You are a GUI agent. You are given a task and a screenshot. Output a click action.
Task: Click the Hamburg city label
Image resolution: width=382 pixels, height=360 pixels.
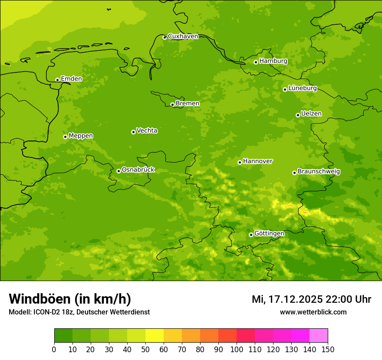point(273,61)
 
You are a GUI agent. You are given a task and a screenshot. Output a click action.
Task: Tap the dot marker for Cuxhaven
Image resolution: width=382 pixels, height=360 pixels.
point(165,37)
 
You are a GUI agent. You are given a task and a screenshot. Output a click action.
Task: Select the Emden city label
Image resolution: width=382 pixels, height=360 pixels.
point(71,79)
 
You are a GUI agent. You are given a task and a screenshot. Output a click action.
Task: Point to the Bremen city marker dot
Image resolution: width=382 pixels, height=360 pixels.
point(172,105)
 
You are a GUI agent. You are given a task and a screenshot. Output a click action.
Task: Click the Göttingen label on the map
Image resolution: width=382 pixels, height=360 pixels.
point(269,234)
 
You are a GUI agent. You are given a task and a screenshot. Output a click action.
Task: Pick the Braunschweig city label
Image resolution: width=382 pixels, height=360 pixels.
point(319,172)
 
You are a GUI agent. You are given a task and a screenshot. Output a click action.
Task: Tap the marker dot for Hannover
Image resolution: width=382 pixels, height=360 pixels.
point(240,162)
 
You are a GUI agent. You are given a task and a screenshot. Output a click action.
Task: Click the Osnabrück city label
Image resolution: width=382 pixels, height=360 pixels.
point(138,170)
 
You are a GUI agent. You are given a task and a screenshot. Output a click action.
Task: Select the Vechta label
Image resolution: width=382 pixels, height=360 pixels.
point(147,131)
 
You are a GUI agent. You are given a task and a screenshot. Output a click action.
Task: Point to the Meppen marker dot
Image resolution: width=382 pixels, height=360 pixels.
point(65,137)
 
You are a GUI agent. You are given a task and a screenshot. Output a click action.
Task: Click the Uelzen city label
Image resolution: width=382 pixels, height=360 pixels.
point(311,114)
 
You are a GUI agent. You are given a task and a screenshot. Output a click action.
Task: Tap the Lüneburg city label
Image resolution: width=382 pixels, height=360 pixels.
point(302,88)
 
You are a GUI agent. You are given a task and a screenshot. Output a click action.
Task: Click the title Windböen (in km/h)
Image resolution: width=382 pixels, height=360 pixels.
point(70,299)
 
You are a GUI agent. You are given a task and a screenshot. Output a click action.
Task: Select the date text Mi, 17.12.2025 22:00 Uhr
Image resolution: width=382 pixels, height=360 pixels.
point(311,299)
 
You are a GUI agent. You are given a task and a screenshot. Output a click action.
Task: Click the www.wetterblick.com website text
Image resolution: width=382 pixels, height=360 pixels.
point(313,312)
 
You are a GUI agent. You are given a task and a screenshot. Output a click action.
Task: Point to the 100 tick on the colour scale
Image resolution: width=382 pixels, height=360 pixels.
point(237,349)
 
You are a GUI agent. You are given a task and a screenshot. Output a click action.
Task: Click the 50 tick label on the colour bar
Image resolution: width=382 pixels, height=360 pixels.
point(145,349)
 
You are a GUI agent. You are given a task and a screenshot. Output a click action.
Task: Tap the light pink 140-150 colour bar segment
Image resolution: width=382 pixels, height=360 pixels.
point(319,336)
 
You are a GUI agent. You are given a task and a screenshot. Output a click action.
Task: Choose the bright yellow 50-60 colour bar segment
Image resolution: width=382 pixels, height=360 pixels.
point(155,336)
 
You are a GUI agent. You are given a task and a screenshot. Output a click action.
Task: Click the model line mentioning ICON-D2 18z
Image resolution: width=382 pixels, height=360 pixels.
point(79,312)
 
